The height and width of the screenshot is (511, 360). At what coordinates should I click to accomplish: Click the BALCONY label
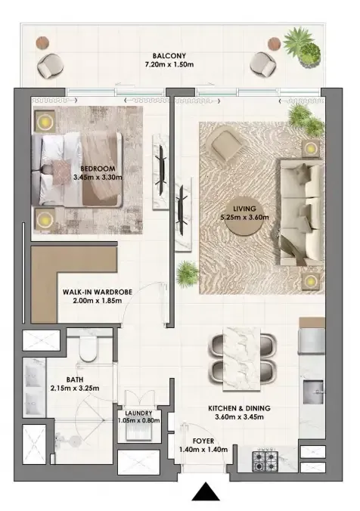tap(169, 56)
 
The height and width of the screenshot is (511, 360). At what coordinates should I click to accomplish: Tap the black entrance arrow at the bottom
tap(205, 491)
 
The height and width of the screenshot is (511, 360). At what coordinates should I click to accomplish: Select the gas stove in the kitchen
tap(265, 461)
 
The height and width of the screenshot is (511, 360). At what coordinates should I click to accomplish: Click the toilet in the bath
tap(88, 348)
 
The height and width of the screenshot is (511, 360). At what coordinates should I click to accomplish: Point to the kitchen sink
tap(313, 392)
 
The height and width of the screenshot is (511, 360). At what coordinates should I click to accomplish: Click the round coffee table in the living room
tap(244, 217)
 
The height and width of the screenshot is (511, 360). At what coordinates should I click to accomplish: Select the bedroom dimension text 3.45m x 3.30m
tap(98, 178)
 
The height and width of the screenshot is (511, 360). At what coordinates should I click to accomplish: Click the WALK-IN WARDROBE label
tap(98, 292)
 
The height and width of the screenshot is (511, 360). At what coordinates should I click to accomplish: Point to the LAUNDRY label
tap(138, 413)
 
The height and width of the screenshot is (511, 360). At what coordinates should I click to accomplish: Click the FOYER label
tap(203, 441)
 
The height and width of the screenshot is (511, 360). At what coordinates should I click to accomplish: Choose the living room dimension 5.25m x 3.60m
tap(244, 218)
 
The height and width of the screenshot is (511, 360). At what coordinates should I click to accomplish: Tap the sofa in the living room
tap(301, 212)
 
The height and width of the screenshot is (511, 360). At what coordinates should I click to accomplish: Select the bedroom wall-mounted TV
tap(161, 171)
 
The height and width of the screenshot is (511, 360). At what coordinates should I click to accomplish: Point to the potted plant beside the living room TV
tap(187, 274)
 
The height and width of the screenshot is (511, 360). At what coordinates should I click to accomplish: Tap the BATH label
tap(75, 379)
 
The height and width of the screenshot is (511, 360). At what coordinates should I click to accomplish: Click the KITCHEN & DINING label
tap(239, 408)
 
